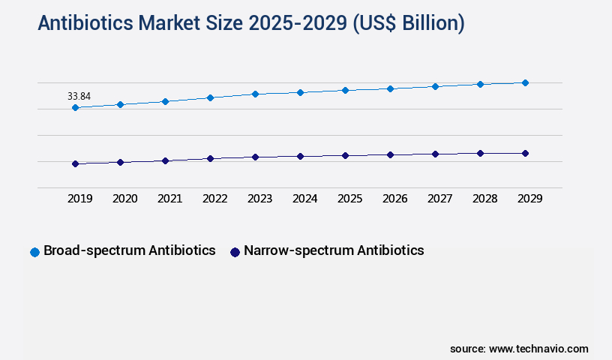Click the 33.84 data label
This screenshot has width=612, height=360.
pos(79,96)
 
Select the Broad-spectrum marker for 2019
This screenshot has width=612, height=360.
pos(75,108)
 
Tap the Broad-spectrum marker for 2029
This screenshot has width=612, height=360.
pos(525,82)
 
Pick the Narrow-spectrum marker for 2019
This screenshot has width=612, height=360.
pos(75,163)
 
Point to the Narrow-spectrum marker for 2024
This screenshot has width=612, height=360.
pos(300,156)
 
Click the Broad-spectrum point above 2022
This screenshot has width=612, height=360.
pos(210,97)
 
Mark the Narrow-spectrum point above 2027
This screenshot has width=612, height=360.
pos(435,154)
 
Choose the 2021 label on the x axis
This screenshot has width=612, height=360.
pos(169,199)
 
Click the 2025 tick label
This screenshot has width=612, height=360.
pos(349,199)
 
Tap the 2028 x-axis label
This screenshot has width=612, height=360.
pos(484,199)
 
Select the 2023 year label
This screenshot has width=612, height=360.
pos(259,199)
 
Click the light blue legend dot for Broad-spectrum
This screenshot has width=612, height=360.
pos(34,252)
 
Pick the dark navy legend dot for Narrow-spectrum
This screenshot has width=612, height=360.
pos(235,252)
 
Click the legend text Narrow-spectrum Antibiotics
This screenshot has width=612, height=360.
pos(334,250)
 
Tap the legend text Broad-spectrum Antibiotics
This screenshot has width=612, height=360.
pos(130,250)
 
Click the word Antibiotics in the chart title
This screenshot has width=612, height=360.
pos(84,24)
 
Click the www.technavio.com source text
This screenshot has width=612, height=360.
pos(538,349)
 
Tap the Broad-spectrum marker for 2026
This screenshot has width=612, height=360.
pos(390,88)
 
